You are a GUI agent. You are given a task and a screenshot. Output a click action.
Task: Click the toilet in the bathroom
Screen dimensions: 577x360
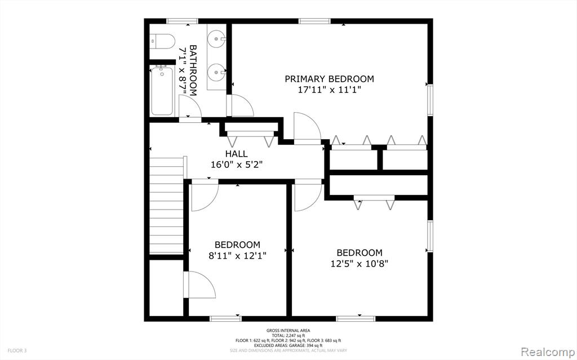[162, 41]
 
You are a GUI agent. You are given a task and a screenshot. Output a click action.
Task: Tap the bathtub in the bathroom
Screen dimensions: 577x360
[162, 91]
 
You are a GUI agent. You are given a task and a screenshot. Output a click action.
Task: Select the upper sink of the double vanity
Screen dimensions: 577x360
[216, 38]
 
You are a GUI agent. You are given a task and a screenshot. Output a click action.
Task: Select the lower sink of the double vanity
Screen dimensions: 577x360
[216, 70]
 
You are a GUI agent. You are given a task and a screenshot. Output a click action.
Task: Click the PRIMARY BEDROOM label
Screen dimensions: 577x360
[329, 79]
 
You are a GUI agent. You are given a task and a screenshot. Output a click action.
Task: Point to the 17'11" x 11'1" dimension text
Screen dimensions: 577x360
[329, 90]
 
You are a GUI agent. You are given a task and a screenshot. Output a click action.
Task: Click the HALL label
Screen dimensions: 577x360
[236, 154]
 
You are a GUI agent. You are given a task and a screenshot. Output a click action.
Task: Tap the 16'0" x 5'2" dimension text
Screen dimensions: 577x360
[236, 165]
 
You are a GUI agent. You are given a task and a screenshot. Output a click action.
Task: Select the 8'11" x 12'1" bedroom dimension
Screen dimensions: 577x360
[237, 255]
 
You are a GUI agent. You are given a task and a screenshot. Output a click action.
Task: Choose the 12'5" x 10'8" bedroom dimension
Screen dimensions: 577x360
[359, 264]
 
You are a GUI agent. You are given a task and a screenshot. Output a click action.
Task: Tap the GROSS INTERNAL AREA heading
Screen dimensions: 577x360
[288, 331]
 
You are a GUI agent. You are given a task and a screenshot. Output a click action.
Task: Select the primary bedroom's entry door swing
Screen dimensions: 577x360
[307, 126]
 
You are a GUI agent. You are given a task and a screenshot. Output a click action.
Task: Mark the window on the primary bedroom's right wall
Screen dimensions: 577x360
[430, 100]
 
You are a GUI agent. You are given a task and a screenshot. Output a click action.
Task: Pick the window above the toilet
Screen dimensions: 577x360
[182, 21]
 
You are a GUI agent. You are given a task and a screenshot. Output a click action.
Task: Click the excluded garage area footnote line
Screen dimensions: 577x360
[288, 345]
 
